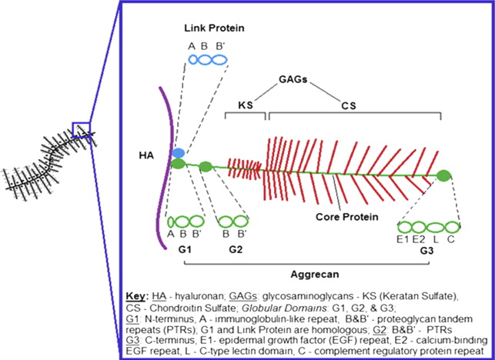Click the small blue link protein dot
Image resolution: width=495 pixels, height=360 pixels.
(x=178, y=153)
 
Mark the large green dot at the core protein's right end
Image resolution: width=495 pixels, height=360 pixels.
(x=443, y=176)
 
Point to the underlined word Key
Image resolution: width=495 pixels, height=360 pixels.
(x=133, y=296)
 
